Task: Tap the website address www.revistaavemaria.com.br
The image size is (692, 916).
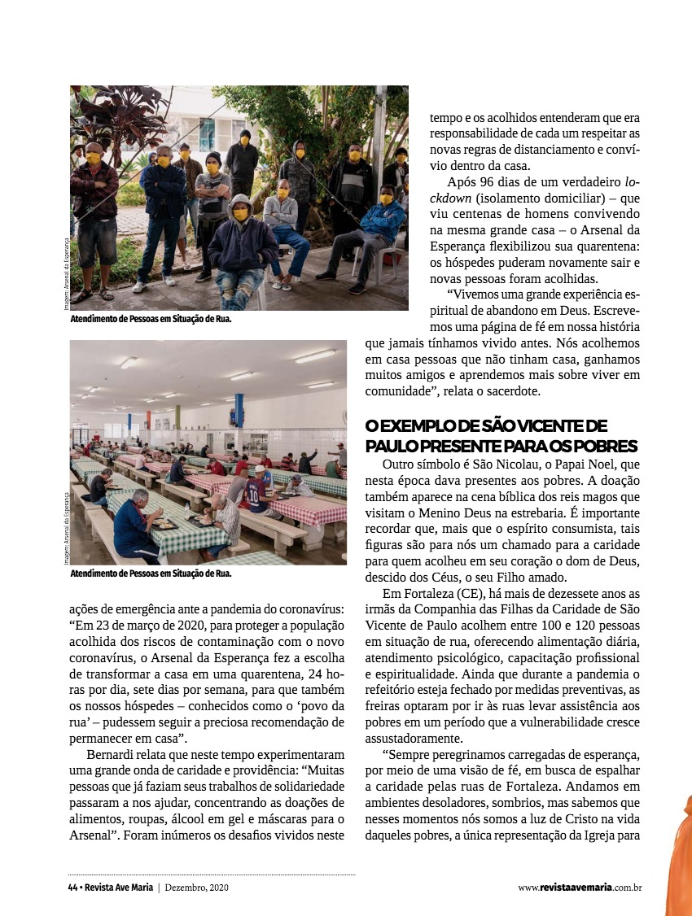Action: tap(580, 888)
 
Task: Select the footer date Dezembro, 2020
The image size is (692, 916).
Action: tap(196, 888)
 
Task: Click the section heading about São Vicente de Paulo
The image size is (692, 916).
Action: tap(501, 436)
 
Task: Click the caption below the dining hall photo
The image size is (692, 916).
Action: tap(151, 574)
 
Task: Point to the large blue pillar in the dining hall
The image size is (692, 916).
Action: tap(239, 410)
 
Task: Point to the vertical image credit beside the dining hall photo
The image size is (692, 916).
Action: tap(64, 528)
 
